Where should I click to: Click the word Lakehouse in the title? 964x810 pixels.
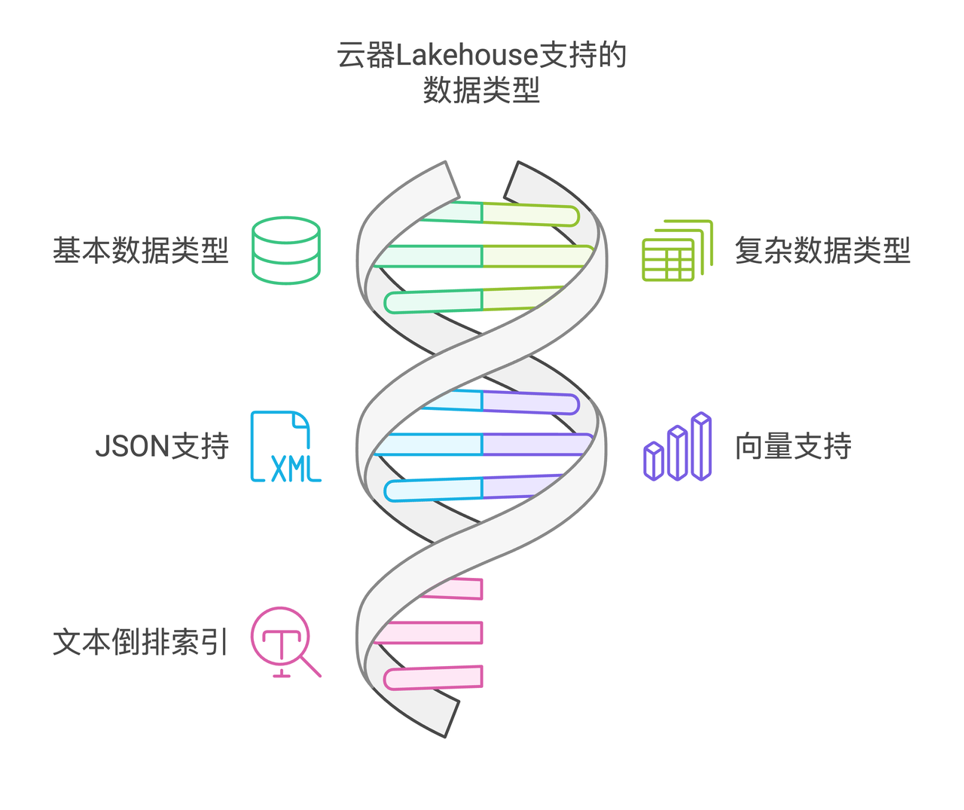[x=467, y=56]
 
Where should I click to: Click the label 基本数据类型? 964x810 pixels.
[x=140, y=251]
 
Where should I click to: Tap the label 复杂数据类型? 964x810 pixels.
[x=822, y=251]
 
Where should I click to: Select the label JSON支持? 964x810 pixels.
[x=162, y=447]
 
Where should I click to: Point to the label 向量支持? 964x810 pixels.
[x=793, y=447]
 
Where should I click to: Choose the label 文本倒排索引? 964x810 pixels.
[x=140, y=643]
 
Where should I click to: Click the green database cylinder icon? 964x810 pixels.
[x=286, y=250]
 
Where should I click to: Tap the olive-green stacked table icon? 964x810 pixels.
[x=676, y=251]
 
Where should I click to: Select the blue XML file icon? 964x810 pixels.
[x=285, y=446]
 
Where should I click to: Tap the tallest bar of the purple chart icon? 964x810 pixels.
[x=701, y=446]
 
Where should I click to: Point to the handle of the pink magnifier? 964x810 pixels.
[x=311, y=667]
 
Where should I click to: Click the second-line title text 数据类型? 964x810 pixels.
[x=482, y=90]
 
